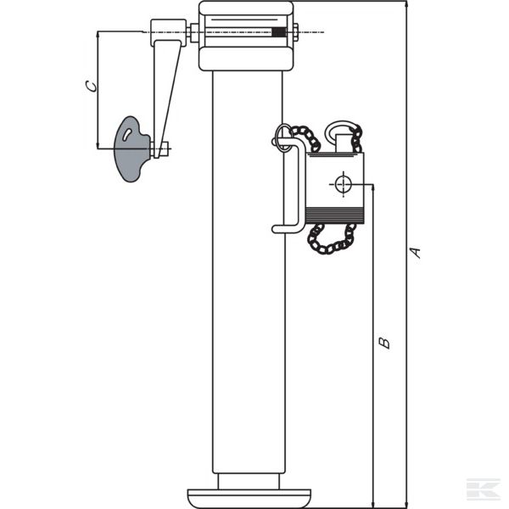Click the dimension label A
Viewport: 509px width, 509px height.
coord(415,253)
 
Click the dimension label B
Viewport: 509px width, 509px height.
coord(384,343)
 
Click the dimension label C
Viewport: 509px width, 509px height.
coord(91,87)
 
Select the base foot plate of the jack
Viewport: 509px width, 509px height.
coord(249,498)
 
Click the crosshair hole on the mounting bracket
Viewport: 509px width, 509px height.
coord(343,184)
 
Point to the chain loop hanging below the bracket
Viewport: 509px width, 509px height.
coord(331,238)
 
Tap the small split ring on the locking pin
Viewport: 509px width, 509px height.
coord(283,137)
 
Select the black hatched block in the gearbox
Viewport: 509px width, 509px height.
coord(279,32)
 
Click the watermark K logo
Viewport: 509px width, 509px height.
coord(484,489)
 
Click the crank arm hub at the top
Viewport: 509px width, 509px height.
coord(168,32)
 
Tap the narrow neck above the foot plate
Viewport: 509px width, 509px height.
coord(249,481)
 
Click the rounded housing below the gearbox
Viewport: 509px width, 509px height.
coord(246,59)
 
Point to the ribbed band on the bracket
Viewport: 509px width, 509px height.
coord(335,215)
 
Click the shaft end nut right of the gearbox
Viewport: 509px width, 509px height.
coord(295,32)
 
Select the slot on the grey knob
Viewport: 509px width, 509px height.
coord(126,134)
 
